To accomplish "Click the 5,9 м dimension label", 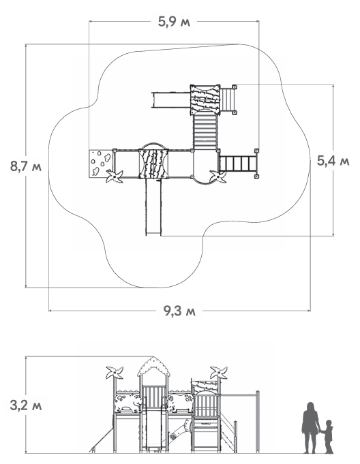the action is (174, 22).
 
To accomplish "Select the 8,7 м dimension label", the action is (26, 166).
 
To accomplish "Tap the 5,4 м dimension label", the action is (333, 161).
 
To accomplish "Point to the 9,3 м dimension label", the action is (179, 311).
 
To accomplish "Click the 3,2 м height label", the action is (26, 405).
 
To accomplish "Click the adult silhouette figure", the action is (310, 428).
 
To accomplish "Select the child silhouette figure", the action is (327, 437).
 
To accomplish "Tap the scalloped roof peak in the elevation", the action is (153, 367).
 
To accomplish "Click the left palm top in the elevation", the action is (115, 373).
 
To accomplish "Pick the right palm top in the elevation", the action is (219, 373).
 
